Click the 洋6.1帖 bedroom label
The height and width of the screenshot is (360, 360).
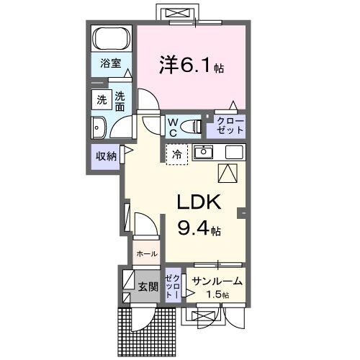tap(190, 66)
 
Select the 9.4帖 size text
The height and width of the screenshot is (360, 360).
tap(199, 230)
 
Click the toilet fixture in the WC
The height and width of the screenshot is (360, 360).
tap(191, 127)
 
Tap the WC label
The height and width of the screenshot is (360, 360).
tap(174, 127)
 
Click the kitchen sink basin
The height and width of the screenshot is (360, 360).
tap(205, 152)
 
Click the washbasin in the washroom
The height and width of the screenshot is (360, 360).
tap(99, 128)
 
